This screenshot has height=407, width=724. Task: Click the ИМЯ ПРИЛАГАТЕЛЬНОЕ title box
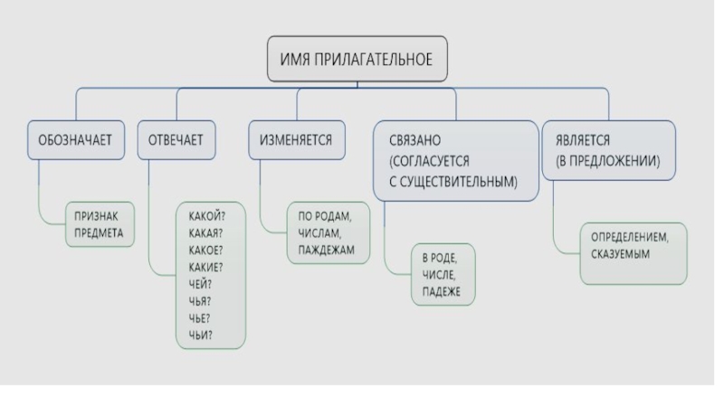point(357,61)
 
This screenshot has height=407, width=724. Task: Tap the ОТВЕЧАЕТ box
point(176,140)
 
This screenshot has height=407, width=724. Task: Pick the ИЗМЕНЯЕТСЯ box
point(296,140)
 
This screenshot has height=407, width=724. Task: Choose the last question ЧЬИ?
point(201,334)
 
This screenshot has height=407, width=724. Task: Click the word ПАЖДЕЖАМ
point(328,249)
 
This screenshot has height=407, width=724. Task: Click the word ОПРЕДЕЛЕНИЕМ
point(630,237)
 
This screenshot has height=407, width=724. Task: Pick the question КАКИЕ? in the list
point(206,266)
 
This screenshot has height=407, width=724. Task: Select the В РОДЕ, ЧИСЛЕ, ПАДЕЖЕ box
point(443,274)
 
